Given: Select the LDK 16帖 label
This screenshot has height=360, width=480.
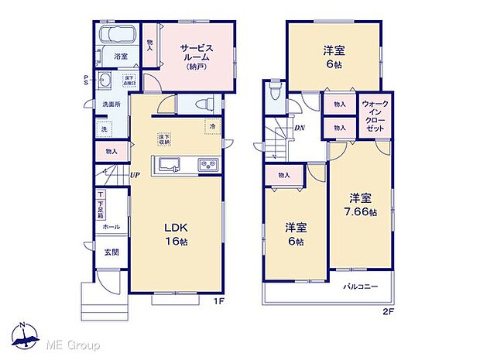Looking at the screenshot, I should pos(175,234).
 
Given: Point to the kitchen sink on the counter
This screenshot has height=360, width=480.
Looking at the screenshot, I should pos(168,163).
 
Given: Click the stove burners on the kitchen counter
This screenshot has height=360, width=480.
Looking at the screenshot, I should pos(207,163).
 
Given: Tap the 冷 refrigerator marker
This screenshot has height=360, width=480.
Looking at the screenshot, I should pos(211,125).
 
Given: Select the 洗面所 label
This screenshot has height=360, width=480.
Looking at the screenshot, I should pos(108,104).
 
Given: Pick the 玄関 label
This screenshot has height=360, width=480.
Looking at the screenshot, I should pos(111,252).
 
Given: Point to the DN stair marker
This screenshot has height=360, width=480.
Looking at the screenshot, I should pos(298,128).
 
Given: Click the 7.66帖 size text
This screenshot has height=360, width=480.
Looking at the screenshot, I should pos(362,211).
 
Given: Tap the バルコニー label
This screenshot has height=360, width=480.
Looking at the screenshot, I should pos(361,286).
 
